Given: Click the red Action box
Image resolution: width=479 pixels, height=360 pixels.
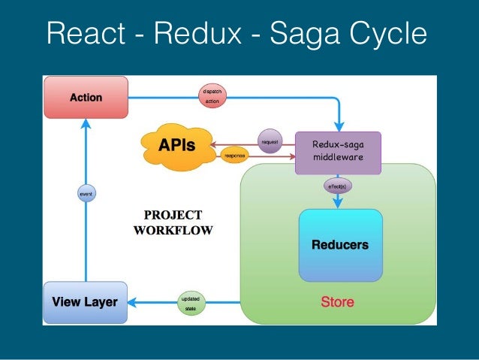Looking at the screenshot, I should coord(86,97).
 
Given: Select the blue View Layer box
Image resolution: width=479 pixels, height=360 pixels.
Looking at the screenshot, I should coord(85,302).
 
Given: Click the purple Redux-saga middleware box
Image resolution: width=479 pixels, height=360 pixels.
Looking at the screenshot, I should coord(337,150).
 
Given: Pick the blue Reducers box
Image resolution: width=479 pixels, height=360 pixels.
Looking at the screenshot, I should coord(340,245).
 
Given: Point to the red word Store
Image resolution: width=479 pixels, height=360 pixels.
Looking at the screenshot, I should coord(337,303).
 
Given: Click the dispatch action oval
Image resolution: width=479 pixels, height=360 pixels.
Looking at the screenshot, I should coord(212,96).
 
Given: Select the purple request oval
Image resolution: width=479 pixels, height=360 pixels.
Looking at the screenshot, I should coord(270,141).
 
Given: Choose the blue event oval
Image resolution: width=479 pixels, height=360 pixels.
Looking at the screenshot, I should coord(86,195).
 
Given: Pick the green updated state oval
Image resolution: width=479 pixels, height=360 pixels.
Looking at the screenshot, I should coord(191,303).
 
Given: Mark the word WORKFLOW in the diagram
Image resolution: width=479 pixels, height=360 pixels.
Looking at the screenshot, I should coord(173,230).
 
